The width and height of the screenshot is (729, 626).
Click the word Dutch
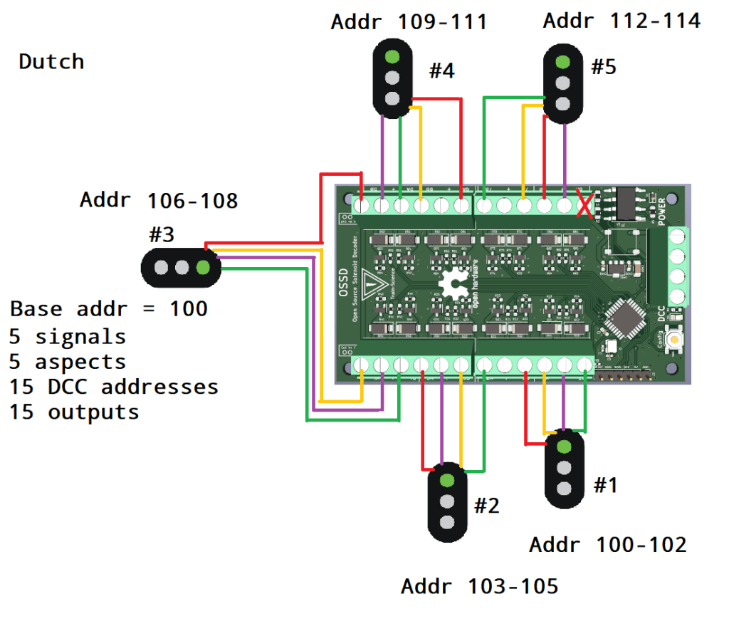point(51,62)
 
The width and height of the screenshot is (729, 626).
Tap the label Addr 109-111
point(409,22)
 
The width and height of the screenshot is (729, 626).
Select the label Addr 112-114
point(622,21)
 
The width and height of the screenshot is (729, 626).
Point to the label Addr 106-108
point(159,201)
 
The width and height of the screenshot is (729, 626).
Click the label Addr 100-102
point(608,545)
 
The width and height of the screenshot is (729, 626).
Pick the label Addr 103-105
point(480,587)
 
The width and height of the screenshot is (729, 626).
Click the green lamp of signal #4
point(391,58)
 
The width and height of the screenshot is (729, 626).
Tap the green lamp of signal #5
point(562,62)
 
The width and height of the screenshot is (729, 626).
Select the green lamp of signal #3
point(203,268)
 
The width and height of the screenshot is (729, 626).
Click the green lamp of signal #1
point(564,447)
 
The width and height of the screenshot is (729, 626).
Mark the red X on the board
point(585,207)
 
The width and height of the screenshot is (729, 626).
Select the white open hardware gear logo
point(452,286)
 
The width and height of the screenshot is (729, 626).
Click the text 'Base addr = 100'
point(109,309)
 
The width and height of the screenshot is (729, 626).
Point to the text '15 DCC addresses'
point(114,387)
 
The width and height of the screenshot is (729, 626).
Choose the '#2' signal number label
point(487,506)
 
